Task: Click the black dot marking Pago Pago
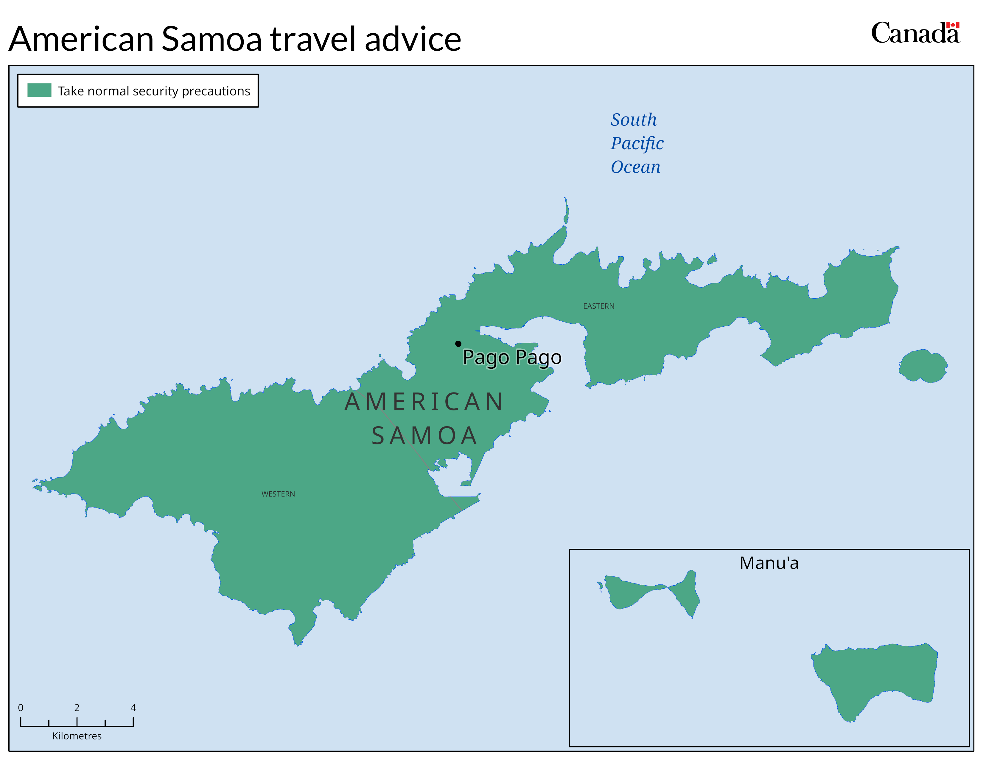[458, 344]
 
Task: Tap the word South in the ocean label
[633, 120]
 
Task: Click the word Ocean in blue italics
[635, 167]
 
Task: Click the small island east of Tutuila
[923, 366]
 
